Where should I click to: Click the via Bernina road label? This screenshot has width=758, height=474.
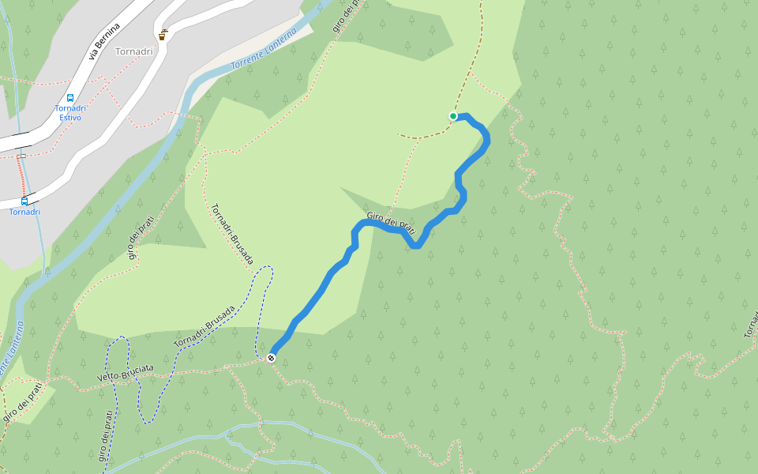[x=104, y=42]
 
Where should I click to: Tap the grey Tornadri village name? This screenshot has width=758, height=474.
[x=133, y=52]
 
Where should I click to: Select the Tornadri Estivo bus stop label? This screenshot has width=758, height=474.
[x=69, y=113]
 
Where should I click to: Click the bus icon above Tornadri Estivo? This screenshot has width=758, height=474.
[x=70, y=98]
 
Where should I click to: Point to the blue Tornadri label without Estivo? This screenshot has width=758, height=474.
[x=24, y=212]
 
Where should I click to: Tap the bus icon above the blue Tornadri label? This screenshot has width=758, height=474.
[x=24, y=201]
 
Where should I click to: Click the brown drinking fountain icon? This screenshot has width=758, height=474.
[x=162, y=36]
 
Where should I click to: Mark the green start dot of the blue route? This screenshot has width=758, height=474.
[x=453, y=116]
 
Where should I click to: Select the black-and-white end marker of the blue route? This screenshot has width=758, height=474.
[x=272, y=358]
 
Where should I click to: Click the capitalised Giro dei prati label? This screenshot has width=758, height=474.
[x=390, y=223]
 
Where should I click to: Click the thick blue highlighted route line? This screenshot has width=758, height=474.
[x=324, y=288]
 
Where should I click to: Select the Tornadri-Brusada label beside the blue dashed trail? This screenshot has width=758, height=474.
[x=205, y=326]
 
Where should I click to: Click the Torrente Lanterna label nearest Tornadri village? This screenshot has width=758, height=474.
[x=262, y=58]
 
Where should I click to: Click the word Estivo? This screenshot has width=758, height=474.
[x=69, y=118]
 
